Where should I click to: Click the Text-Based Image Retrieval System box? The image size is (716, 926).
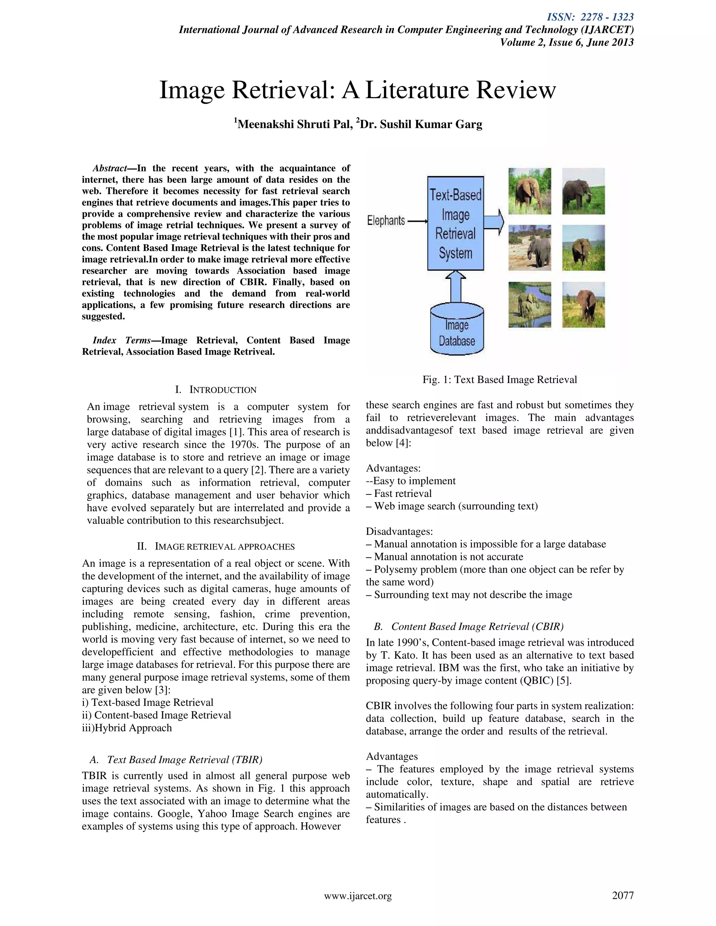coord(455,223)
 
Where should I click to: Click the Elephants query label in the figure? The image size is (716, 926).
coord(386,220)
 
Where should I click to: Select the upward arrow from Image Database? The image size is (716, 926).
coord(456,288)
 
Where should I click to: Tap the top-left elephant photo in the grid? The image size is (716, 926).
coord(529,191)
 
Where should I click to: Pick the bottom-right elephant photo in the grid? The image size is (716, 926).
coord(583,304)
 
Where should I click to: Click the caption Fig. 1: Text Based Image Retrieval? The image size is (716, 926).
coord(500,379)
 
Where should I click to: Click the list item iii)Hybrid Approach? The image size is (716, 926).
coord(127,728)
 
